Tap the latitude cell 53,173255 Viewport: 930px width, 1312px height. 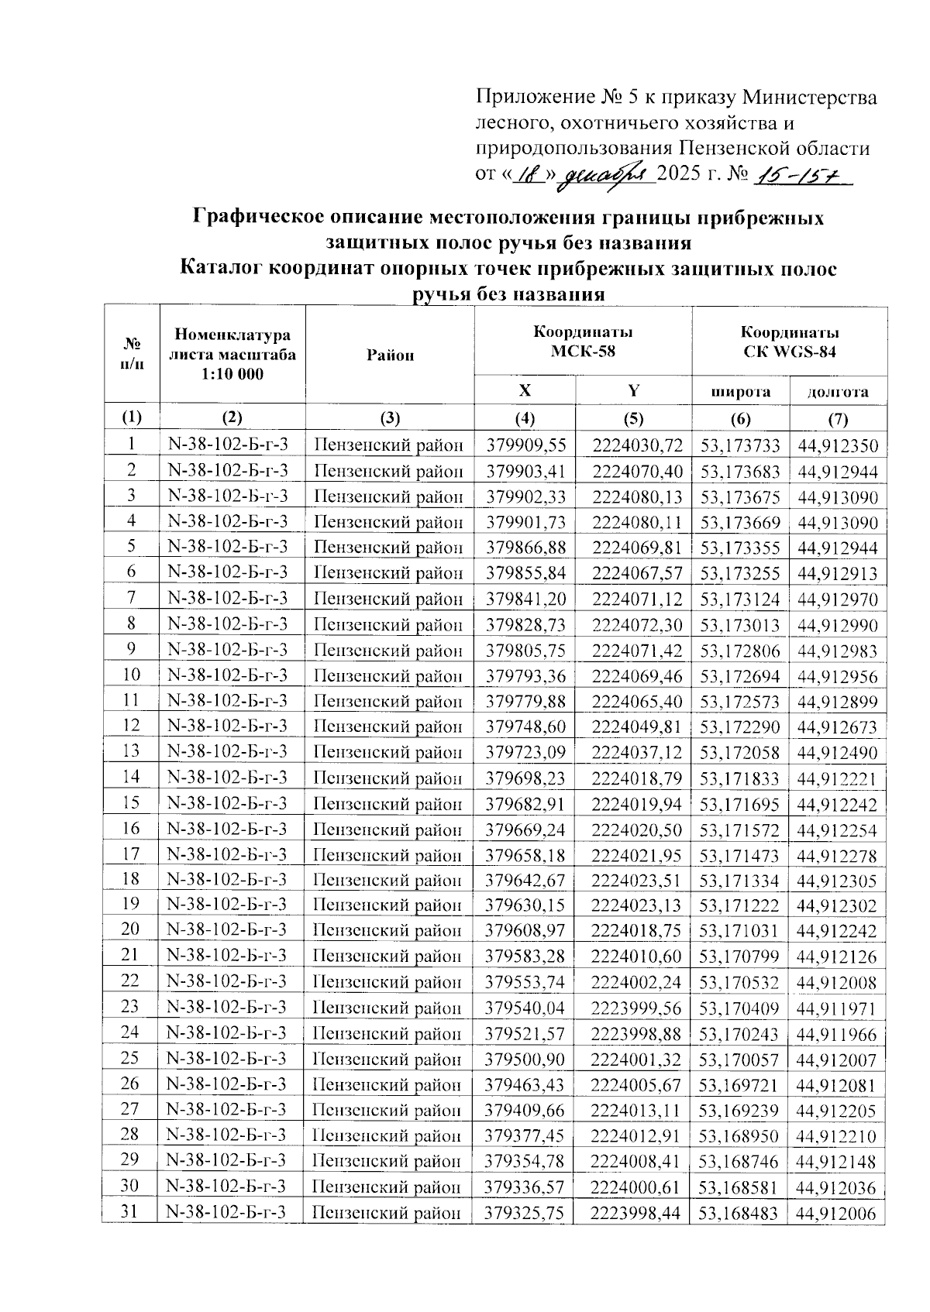click(740, 573)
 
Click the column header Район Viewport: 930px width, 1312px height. click(390, 355)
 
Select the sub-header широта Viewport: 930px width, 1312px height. click(741, 391)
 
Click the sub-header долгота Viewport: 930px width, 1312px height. click(838, 391)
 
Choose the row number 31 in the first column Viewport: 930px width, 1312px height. click(130, 1211)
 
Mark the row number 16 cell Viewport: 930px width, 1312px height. click(130, 829)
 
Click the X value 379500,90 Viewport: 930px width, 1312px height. click(525, 1059)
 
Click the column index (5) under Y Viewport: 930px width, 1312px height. click(633, 419)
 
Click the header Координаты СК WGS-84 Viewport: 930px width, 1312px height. click(789, 342)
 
